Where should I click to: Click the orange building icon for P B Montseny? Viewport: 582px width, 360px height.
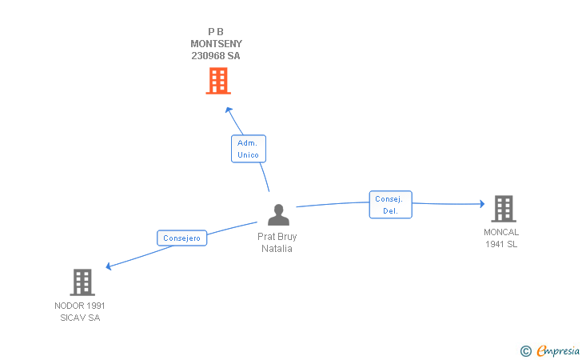[x=217, y=81]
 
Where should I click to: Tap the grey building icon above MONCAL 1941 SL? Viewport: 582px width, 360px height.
[x=503, y=209]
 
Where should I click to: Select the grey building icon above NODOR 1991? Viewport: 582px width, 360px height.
[x=82, y=282]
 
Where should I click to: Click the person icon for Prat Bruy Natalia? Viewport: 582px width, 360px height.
[x=277, y=215]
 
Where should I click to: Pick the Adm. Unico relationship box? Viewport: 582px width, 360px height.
[x=248, y=149]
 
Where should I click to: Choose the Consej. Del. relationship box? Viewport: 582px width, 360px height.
[x=390, y=205]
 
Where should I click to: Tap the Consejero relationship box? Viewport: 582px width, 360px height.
[x=182, y=238]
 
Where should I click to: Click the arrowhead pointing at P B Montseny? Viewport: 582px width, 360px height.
[x=228, y=110]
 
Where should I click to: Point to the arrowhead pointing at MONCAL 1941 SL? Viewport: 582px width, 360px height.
[x=481, y=204]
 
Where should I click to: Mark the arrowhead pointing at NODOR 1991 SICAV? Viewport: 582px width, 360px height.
[x=109, y=266]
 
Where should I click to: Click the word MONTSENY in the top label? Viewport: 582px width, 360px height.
[x=216, y=44]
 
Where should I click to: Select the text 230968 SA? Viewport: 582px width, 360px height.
[x=216, y=56]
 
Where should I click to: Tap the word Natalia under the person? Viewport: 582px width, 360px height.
[x=277, y=248]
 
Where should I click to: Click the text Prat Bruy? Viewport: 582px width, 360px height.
[x=277, y=237]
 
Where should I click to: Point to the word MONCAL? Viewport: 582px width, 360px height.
[x=501, y=233]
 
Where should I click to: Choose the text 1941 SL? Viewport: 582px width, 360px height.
[x=501, y=245]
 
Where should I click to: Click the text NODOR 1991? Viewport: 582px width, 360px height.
[x=80, y=306]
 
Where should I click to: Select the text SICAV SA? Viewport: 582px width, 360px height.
[x=80, y=318]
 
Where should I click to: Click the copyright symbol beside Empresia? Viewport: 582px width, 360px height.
[x=525, y=350]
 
